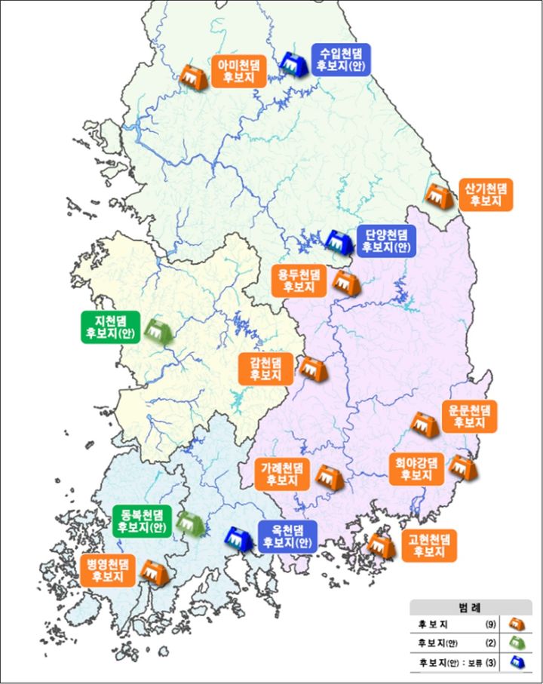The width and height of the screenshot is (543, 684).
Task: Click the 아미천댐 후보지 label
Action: [239, 71]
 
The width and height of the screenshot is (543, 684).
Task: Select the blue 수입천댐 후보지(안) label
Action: [341, 59]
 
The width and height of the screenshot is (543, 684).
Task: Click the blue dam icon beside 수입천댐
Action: [292, 65]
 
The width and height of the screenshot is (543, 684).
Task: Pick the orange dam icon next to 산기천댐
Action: [437, 196]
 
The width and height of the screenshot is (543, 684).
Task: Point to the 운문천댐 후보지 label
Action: [469, 416]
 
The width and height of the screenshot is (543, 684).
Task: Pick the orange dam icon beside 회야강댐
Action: [462, 468]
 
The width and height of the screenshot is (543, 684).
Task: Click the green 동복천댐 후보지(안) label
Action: [143, 520]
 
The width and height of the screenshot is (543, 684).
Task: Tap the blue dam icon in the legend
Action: [517, 664]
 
